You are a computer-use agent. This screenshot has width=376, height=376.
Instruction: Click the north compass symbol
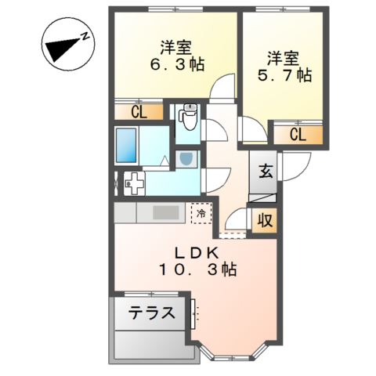point(67,44)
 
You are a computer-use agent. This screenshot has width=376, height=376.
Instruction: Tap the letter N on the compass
point(85,36)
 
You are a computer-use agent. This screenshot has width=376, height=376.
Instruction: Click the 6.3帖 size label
point(176,64)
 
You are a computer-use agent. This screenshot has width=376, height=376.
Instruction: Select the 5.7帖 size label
point(284,74)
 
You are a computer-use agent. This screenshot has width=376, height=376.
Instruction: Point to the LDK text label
point(197,253)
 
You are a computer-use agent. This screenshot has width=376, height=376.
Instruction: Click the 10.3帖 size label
point(197,269)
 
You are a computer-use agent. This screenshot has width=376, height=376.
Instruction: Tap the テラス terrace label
point(151,313)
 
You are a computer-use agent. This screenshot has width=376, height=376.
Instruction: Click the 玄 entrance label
point(266,172)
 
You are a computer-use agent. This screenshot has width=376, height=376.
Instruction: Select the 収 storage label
point(266,221)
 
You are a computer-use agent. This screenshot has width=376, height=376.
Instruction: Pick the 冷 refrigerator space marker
point(201,213)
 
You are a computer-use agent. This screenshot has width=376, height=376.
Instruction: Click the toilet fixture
point(189,117)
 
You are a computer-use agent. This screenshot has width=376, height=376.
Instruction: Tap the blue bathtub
point(126,145)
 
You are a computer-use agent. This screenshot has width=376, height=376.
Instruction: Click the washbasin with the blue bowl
point(186,159)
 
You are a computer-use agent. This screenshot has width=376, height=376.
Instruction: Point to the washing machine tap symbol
point(134,183)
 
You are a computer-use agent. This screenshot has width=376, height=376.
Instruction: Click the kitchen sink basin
point(165,212)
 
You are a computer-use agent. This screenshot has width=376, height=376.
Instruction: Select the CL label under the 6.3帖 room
point(139,113)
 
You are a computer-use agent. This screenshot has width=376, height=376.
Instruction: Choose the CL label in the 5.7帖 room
point(298,135)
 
